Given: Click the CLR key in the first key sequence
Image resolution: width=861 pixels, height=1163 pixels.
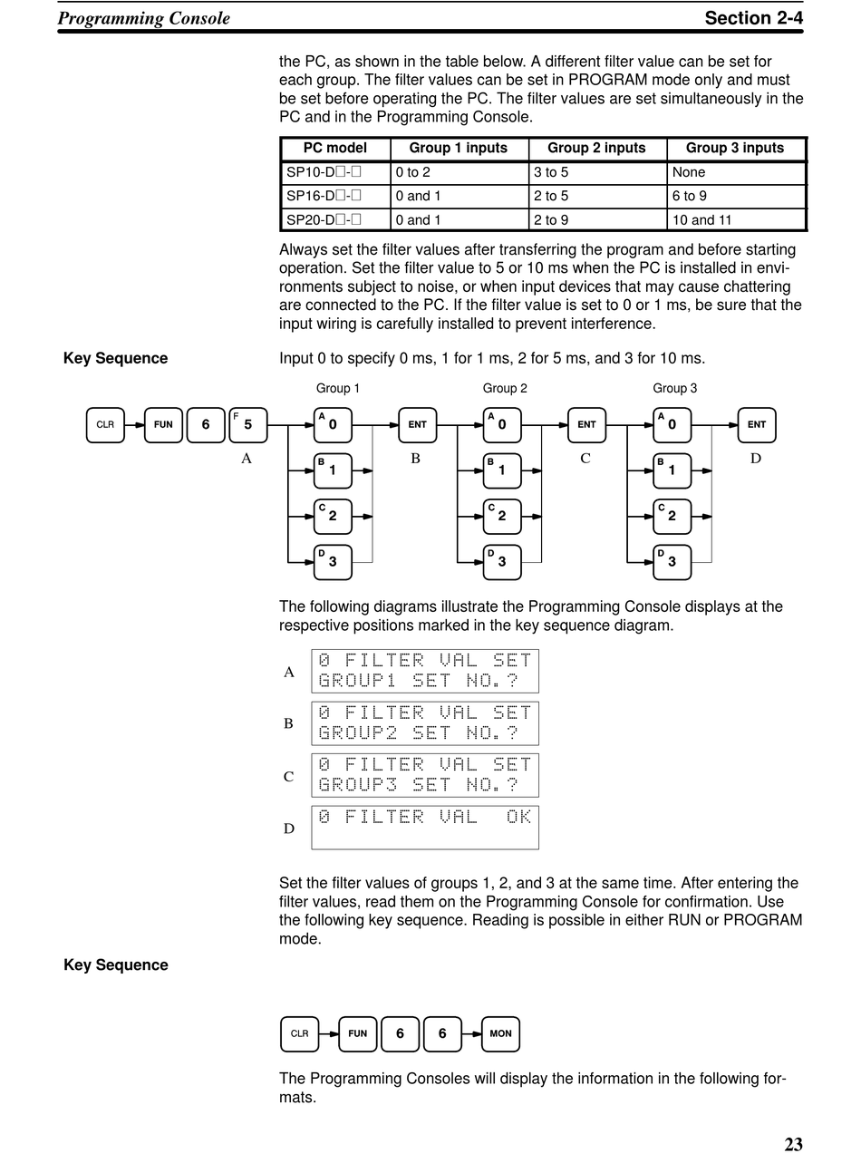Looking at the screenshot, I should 105,425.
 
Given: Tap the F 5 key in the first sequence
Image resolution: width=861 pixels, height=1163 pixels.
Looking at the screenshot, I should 247,425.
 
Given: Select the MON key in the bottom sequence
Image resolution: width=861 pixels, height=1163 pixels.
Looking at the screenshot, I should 500,1033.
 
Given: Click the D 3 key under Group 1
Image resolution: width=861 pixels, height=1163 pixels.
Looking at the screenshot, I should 333,562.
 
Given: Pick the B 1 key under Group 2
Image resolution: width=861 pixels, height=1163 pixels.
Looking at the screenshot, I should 502,470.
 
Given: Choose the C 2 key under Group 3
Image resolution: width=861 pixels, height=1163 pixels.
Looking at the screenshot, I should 672,517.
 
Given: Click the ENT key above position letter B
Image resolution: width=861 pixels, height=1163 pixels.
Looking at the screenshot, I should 417,425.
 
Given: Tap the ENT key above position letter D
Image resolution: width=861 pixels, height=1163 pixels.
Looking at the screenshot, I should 757,425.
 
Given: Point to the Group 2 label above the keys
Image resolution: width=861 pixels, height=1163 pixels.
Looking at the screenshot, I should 505,388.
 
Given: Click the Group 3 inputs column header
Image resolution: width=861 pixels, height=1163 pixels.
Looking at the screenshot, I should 735,149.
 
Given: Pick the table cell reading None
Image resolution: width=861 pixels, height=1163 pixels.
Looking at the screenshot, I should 689,172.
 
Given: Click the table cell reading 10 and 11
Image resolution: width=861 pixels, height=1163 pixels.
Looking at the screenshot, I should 701,219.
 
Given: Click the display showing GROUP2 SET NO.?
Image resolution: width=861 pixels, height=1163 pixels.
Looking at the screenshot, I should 424,723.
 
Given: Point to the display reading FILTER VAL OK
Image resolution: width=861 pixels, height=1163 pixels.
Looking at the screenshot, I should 424,827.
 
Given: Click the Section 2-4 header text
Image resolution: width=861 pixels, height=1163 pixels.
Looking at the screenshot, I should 753,18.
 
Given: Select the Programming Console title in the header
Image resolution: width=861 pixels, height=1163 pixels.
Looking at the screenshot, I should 144,18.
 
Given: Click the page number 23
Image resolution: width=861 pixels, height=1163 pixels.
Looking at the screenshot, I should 793,1144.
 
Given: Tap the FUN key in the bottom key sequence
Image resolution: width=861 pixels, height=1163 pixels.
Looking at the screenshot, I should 358,1033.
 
